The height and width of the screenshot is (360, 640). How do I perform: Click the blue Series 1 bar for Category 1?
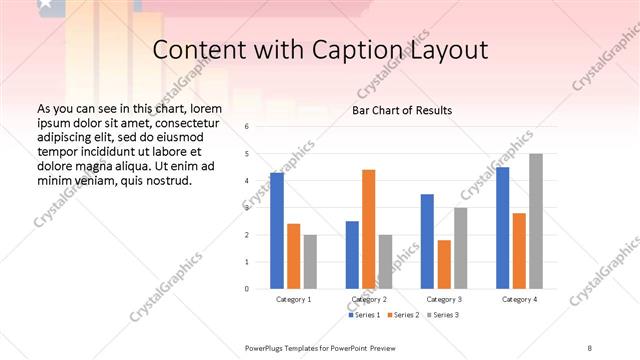pyautogui.click(x=277, y=231)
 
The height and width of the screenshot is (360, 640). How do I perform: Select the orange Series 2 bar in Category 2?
pyautogui.click(x=368, y=229)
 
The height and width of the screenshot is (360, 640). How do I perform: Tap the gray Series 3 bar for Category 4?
pyautogui.click(x=536, y=221)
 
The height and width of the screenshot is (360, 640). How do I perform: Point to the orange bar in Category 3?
pyautogui.click(x=444, y=264)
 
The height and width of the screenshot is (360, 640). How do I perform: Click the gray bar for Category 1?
pyautogui.click(x=310, y=262)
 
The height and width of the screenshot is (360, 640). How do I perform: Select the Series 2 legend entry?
pyautogui.click(x=404, y=315)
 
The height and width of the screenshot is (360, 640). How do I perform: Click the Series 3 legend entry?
pyautogui.click(x=444, y=315)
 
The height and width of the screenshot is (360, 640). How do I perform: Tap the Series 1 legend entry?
pyautogui.click(x=364, y=315)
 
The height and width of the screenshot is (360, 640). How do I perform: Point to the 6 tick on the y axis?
pyautogui.click(x=247, y=127)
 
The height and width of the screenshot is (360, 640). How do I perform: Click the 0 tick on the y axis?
pyautogui.click(x=247, y=289)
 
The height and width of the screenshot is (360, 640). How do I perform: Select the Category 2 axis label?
pyautogui.click(x=369, y=299)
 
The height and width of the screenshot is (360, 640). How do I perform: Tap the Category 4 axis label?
pyautogui.click(x=519, y=299)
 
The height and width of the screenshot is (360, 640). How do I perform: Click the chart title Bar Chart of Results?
pyautogui.click(x=402, y=110)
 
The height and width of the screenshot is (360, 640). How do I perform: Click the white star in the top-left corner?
pyautogui.click(x=48, y=6)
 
